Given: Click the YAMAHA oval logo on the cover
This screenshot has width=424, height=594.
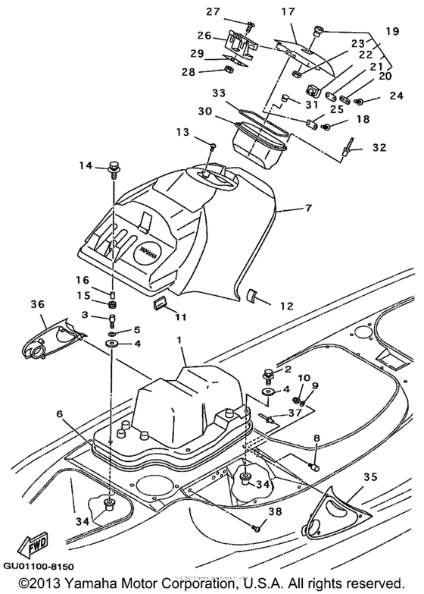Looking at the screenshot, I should click(x=148, y=251).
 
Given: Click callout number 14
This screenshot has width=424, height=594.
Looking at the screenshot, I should click(x=85, y=165).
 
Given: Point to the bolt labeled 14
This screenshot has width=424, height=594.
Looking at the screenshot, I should click(x=115, y=166).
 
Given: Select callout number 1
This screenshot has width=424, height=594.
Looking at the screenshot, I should click(x=180, y=342).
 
